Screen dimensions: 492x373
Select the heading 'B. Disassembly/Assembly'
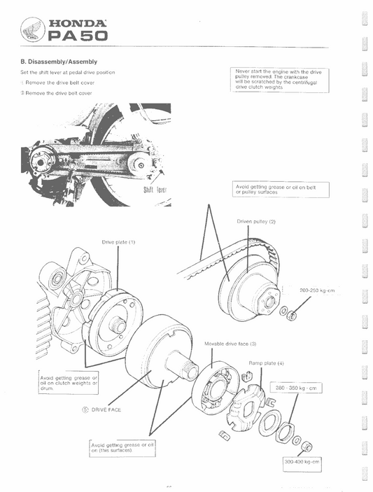pyautogui.click(x=58, y=62)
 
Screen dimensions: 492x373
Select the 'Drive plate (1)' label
pyautogui.click(x=118, y=241)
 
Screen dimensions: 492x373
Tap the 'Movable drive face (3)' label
pyautogui.click(x=230, y=344)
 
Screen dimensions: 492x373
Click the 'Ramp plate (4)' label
pyautogui.click(x=266, y=363)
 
